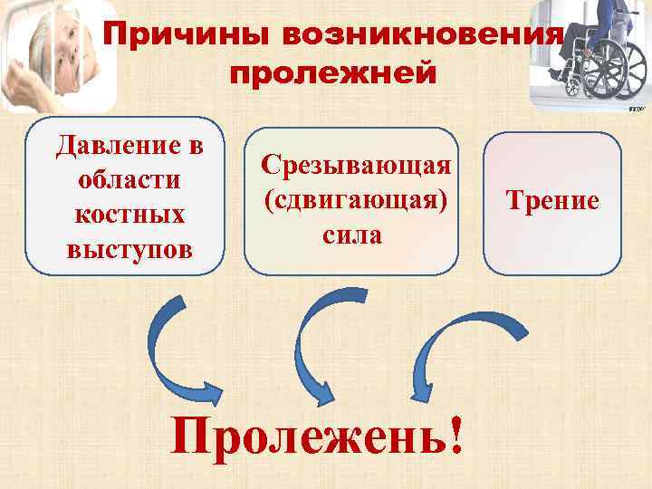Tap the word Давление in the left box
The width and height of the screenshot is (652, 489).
129,145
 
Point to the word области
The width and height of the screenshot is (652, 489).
129,178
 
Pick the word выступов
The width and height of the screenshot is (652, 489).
129,247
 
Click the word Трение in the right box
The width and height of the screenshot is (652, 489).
553,200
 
